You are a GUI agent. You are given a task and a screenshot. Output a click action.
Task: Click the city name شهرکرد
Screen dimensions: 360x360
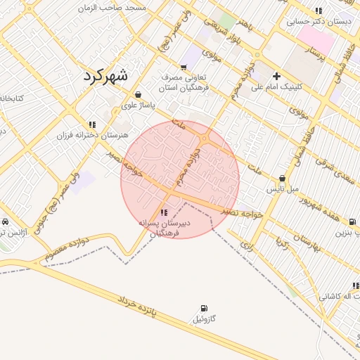[x=105, y=76]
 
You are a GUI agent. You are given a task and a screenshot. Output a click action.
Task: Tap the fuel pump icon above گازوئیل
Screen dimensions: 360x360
[x=204, y=308]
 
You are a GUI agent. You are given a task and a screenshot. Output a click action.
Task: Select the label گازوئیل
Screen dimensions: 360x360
[x=210, y=319]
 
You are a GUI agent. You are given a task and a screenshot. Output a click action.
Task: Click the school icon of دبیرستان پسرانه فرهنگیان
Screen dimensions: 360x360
[x=164, y=212]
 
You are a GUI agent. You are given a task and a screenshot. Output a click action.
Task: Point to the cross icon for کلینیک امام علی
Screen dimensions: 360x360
[x=276, y=76]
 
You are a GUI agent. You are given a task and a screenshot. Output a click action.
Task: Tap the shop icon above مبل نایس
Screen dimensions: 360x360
[x=282, y=179]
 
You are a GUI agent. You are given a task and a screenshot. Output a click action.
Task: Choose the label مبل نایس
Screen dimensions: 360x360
[x=282, y=189]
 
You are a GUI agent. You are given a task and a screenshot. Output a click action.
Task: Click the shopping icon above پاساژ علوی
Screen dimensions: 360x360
[x=138, y=94]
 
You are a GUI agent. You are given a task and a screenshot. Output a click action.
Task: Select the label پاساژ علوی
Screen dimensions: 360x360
[x=138, y=105]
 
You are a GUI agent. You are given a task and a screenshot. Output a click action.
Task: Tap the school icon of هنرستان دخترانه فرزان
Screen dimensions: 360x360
[x=92, y=124]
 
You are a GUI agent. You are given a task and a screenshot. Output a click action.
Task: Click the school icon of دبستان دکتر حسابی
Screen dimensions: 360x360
[x=319, y=11]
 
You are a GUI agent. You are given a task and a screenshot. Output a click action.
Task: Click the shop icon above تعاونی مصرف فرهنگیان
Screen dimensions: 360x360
[x=184, y=68]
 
